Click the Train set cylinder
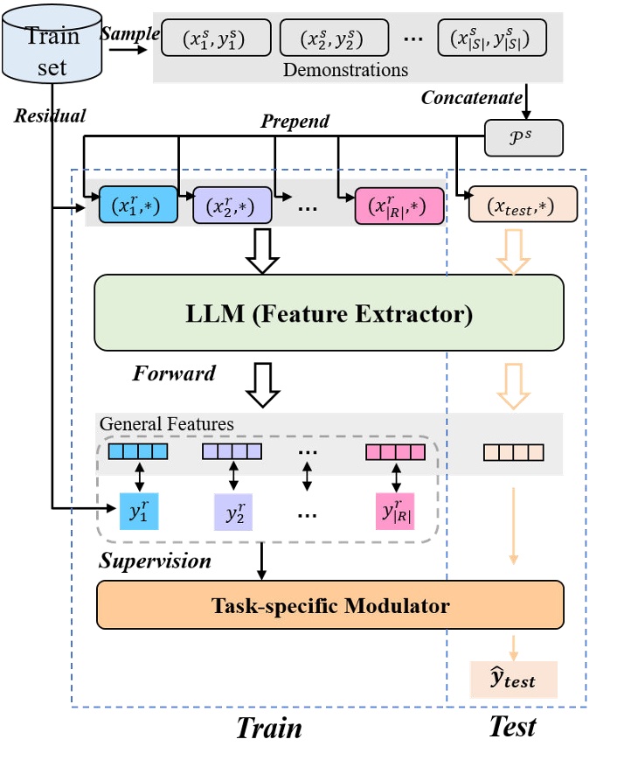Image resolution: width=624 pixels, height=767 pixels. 52,48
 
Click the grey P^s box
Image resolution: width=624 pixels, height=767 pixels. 523,137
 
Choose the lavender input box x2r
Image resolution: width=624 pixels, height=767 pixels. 232,206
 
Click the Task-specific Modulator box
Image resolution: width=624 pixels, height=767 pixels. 330,605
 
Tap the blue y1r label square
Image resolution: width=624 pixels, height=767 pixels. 138,511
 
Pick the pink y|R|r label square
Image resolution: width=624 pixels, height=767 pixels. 395,511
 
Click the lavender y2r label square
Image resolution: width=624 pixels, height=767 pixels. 232,511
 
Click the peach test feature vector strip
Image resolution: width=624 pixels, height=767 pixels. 514,452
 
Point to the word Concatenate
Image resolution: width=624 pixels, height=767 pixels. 472,97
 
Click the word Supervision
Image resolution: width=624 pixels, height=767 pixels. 155,560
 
